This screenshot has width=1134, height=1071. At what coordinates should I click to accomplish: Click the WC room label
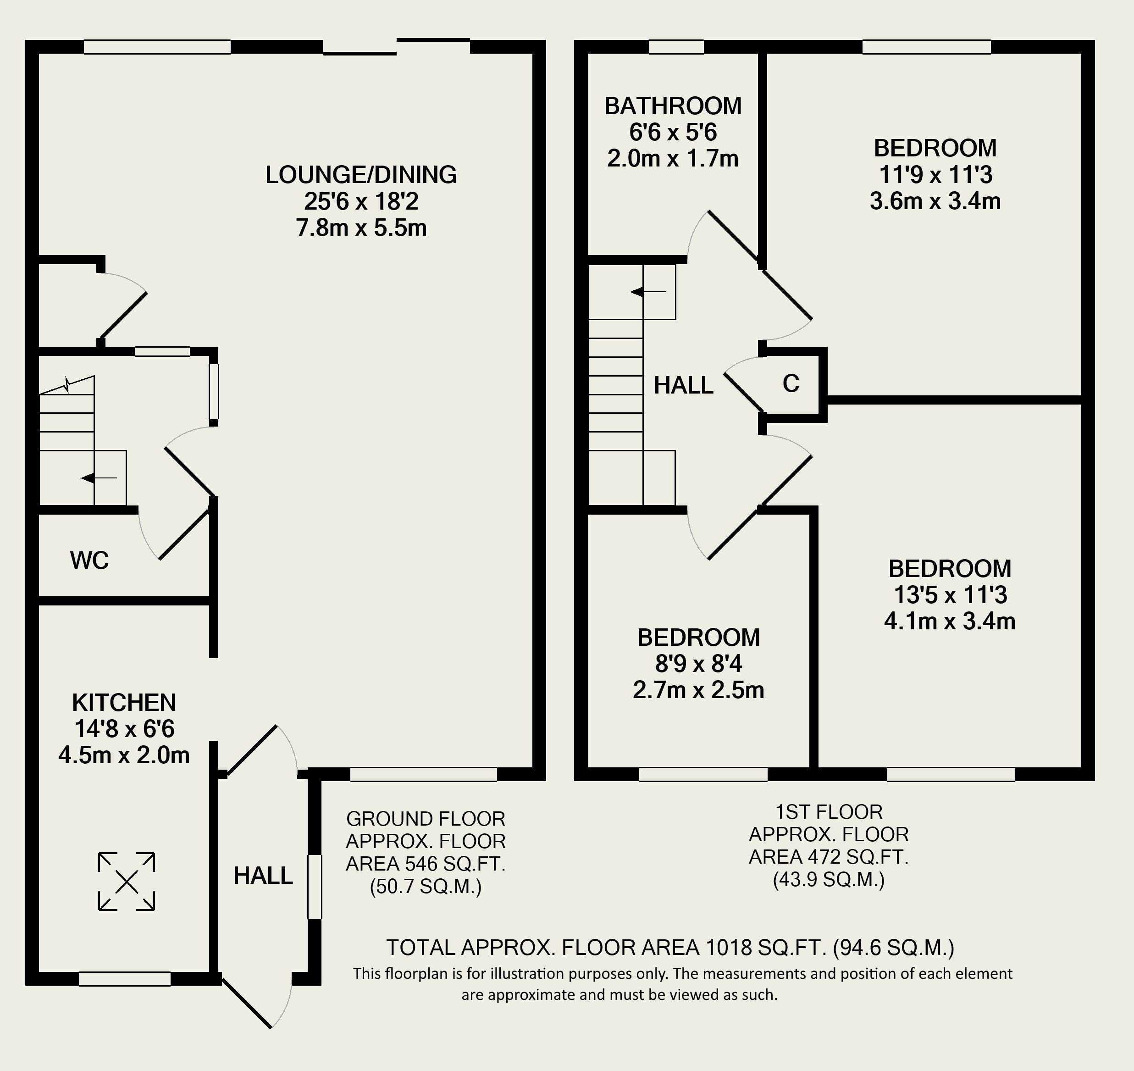(89, 560)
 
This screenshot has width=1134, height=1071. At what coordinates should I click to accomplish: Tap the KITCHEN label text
(124, 702)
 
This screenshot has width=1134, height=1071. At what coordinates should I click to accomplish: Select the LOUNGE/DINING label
(361, 175)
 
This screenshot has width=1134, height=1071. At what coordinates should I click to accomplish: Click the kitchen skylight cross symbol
(126, 882)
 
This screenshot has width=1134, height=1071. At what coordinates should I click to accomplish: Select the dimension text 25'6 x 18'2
(361, 201)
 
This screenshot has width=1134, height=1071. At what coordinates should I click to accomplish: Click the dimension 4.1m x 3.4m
(950, 621)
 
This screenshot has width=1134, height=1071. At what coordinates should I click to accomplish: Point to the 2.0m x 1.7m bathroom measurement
(673, 159)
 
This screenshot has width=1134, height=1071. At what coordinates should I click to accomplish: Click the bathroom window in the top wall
(676, 47)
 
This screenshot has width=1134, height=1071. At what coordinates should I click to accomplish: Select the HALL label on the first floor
(684, 386)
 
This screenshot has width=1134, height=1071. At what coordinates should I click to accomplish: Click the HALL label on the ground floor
(263, 876)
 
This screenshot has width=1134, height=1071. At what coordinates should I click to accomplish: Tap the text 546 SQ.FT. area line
(426, 864)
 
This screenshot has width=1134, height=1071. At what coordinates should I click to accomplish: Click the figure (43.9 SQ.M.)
(829, 880)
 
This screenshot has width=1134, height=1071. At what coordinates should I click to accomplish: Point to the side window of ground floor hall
(315, 887)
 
